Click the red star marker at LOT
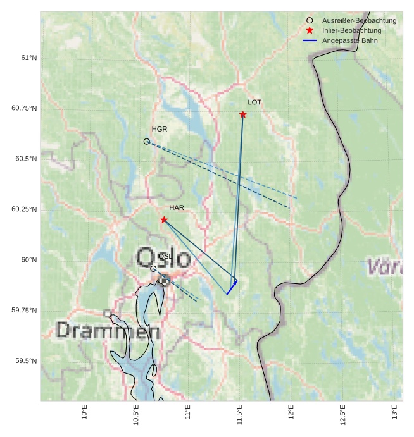click(x=243, y=114)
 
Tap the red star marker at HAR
click(x=164, y=219)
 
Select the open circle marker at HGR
click(x=147, y=142)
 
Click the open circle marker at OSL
click(x=153, y=269)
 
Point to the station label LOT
click(x=254, y=102)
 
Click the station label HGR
click(x=160, y=129)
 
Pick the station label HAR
click(x=177, y=207)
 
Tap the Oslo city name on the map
click(x=163, y=258)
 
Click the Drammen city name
click(x=108, y=330)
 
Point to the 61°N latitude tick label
click(x=29, y=58)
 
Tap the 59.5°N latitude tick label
click(x=27, y=361)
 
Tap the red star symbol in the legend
click(x=310, y=30)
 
